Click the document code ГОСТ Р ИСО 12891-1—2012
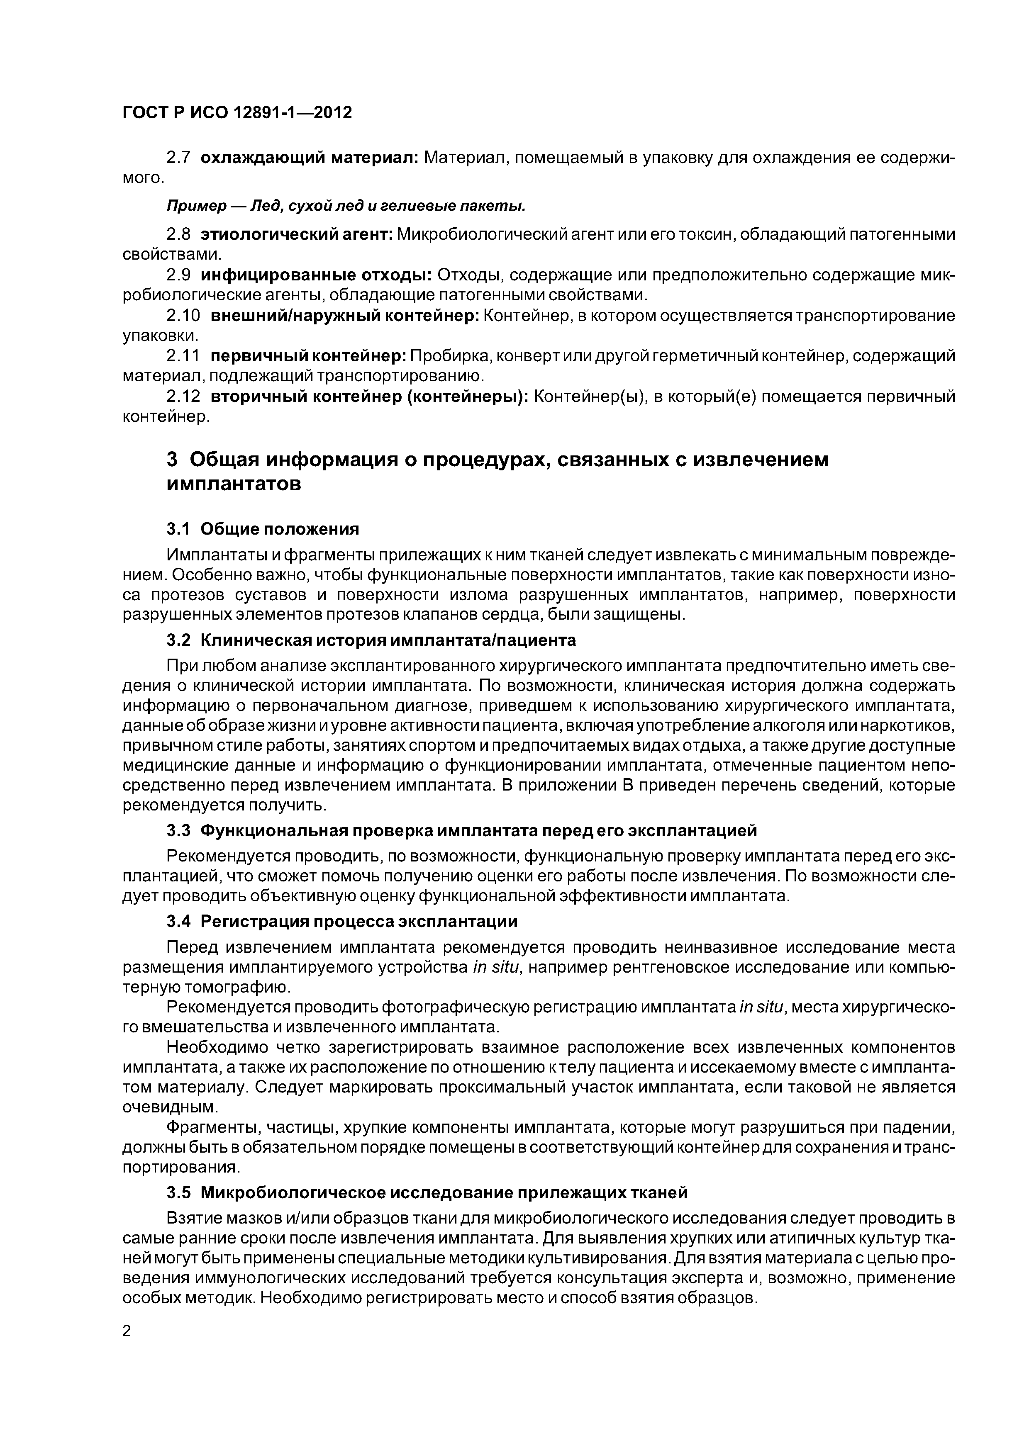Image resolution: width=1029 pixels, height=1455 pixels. click(x=237, y=113)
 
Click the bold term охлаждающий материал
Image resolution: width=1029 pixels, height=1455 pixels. click(x=309, y=158)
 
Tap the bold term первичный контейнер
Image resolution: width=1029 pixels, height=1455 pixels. click(x=308, y=356)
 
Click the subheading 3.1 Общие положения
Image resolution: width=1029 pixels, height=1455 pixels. click(x=263, y=528)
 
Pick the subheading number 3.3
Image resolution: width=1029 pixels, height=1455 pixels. click(x=179, y=830)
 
